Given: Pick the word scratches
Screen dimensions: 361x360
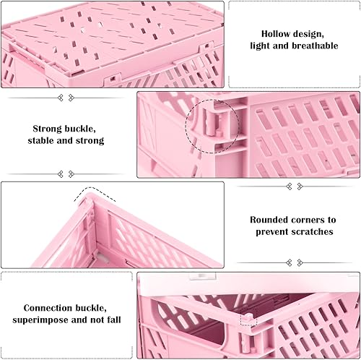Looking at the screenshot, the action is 313,232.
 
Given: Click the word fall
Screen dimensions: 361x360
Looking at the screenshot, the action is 114,320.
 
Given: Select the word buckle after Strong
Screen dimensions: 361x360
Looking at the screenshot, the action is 80,129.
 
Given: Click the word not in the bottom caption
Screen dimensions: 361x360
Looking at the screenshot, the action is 97,320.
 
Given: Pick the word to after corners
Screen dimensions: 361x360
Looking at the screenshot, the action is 331,220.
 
